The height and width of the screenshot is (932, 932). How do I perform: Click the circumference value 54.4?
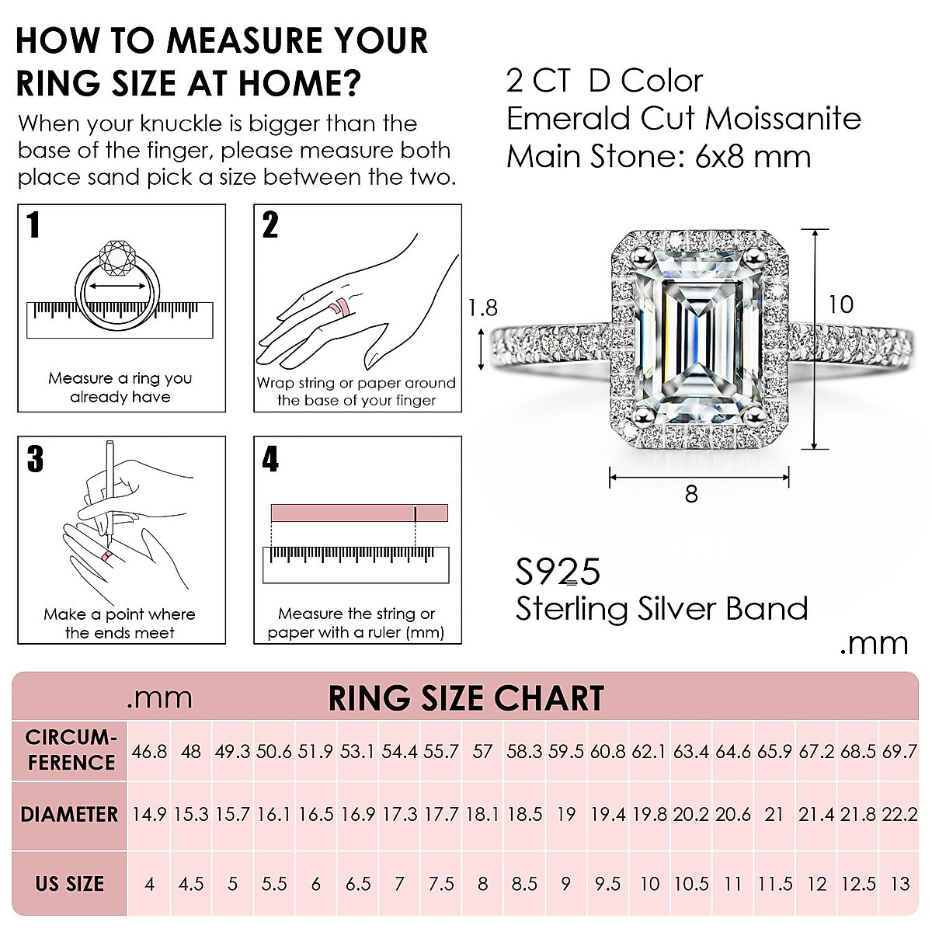pos(399,752)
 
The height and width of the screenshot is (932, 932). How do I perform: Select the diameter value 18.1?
pos(482,815)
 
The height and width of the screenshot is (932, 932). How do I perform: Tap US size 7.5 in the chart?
pos(441,884)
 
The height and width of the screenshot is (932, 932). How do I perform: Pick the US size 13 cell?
pos(899,884)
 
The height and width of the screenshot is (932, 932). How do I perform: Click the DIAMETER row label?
pos(69,815)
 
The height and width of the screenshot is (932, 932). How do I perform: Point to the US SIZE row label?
pos(69,884)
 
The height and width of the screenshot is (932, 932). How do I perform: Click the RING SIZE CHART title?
pos(466,698)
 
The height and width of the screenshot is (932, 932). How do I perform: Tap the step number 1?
pos(33,225)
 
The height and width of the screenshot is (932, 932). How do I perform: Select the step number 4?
pos(270,459)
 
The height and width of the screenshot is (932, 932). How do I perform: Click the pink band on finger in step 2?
pos(339,307)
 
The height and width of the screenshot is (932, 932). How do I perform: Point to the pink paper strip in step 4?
pos(359,513)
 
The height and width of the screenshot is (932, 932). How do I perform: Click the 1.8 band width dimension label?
pos(482,308)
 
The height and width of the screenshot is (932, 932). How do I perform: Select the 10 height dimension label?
pos(840,304)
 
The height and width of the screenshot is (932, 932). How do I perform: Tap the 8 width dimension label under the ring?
pos(691,494)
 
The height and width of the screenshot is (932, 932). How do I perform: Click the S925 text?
pos(558,572)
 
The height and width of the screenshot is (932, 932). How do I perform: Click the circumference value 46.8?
pos(148,752)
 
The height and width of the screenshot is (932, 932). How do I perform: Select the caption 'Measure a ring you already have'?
pos(120,388)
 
